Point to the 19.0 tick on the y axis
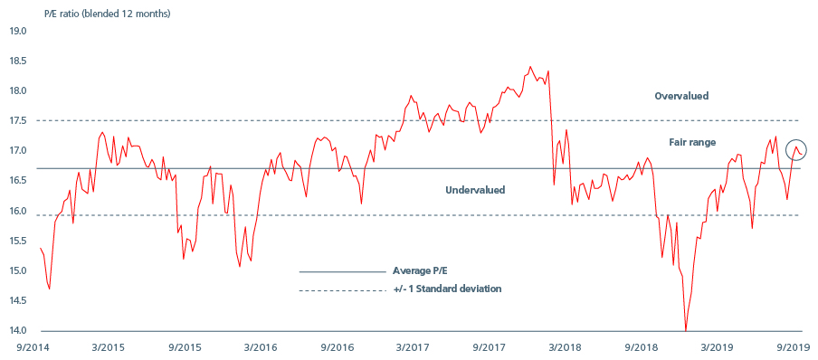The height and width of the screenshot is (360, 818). [x=18, y=31]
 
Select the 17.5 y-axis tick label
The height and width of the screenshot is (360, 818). [x=18, y=121]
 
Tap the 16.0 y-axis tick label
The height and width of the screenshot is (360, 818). [x=18, y=212]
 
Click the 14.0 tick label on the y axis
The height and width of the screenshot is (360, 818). [x=18, y=331]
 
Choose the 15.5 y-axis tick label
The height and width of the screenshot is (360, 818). [x=18, y=242]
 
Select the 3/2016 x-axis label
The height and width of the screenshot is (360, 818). [x=261, y=347]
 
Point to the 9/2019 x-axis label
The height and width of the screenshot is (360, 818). [x=794, y=347]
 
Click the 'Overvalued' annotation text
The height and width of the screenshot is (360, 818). [x=681, y=96]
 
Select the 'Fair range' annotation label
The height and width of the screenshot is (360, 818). [x=692, y=142]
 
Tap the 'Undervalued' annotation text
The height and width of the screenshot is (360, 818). [x=475, y=190]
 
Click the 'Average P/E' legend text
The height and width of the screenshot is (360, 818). [x=421, y=270]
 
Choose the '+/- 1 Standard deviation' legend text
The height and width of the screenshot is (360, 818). [x=447, y=289]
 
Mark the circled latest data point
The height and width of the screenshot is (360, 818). [x=796, y=150]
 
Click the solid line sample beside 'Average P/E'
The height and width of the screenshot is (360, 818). [x=342, y=270]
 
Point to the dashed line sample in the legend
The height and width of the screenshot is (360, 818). [x=342, y=289]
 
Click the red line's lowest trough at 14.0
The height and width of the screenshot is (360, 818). [x=686, y=330]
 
